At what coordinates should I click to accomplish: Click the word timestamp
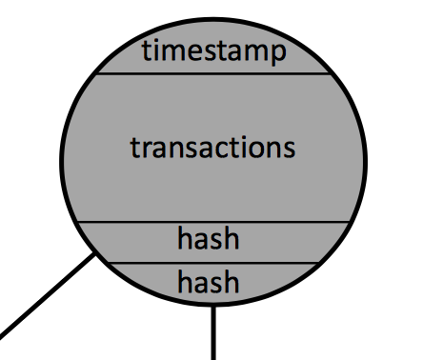point(214,51)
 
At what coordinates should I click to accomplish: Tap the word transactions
point(212,148)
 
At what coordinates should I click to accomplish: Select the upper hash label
point(208,238)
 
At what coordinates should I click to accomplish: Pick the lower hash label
point(208,281)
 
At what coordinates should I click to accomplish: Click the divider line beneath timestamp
point(213,73)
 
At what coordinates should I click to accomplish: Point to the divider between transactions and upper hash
point(213,221)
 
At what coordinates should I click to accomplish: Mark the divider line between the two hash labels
point(212,263)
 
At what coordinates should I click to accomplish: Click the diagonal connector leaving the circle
point(48,295)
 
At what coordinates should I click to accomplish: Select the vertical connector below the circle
point(213,332)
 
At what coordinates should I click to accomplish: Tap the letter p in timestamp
point(279,54)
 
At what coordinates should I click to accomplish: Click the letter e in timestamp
point(197,51)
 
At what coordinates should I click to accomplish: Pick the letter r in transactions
point(148,149)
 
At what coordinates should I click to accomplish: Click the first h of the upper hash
point(184,238)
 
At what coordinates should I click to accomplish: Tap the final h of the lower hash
point(232,281)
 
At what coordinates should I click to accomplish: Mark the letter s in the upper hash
point(215,241)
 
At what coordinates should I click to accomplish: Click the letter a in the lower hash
point(200,285)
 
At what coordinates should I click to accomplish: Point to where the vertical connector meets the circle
point(213,306)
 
